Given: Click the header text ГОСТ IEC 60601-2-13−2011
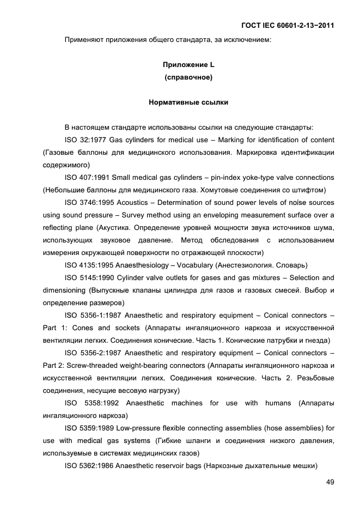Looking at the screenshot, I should pyautogui.click(x=287, y=25).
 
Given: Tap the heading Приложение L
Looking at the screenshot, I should pyautogui.click(x=188, y=65).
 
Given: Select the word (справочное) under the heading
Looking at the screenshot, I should pyautogui.click(x=188, y=77).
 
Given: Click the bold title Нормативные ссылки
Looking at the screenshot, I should pyautogui.click(x=188, y=102).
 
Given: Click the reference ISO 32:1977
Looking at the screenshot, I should pyautogui.click(x=85, y=139).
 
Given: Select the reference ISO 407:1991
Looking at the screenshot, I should pyautogui.click(x=87, y=177).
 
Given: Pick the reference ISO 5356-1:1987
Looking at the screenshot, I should pyautogui.click(x=92, y=315).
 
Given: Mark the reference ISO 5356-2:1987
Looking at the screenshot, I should pyautogui.click(x=92, y=353).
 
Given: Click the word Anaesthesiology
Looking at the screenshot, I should pyautogui.click(x=142, y=265).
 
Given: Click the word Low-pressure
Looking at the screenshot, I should pyautogui.click(x=139, y=428).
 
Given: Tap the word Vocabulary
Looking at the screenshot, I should pyautogui.click(x=193, y=265).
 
